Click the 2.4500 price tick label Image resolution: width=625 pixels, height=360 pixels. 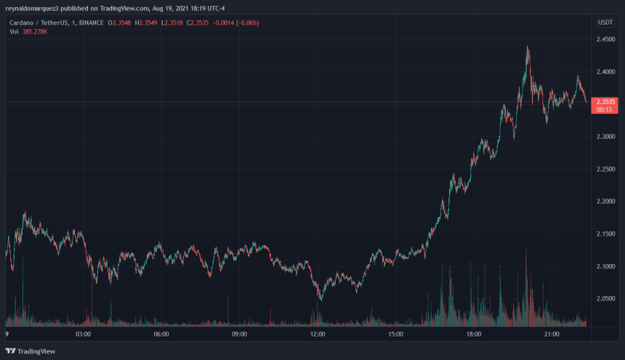606,39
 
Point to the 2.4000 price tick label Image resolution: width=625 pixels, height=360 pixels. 606,72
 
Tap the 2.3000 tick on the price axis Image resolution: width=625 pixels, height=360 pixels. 606,137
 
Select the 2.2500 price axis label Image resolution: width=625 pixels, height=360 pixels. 606,169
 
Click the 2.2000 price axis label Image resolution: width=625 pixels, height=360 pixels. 606,201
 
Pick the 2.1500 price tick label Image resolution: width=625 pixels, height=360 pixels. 606,234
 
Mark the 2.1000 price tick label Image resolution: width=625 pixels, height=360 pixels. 606,267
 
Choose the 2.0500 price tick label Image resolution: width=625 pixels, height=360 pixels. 606,299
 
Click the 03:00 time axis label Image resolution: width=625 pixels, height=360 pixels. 83,335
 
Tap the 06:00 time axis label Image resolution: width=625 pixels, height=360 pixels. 161,335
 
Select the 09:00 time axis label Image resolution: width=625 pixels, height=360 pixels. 239,335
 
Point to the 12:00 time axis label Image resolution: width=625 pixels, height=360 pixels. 318,335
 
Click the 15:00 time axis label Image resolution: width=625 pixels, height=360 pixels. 395,335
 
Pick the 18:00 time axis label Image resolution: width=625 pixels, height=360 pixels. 474,335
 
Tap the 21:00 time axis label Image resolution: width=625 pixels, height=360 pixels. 552,335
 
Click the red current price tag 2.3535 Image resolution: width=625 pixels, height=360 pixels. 605,103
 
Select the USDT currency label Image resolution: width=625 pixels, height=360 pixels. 605,23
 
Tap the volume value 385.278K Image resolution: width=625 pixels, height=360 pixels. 34,32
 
